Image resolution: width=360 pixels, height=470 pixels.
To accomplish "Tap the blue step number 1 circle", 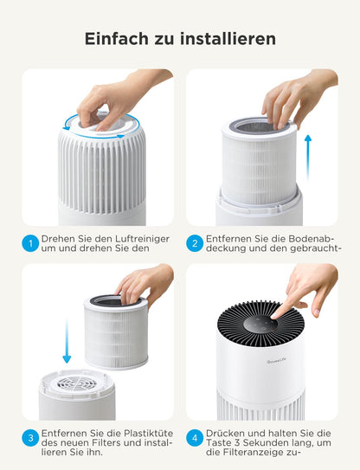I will (31, 243).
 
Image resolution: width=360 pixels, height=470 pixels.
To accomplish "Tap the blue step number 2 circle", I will (196, 243).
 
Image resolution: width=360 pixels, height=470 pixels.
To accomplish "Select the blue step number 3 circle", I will (31, 438).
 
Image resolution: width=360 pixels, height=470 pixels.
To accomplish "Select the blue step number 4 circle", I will (196, 438).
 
